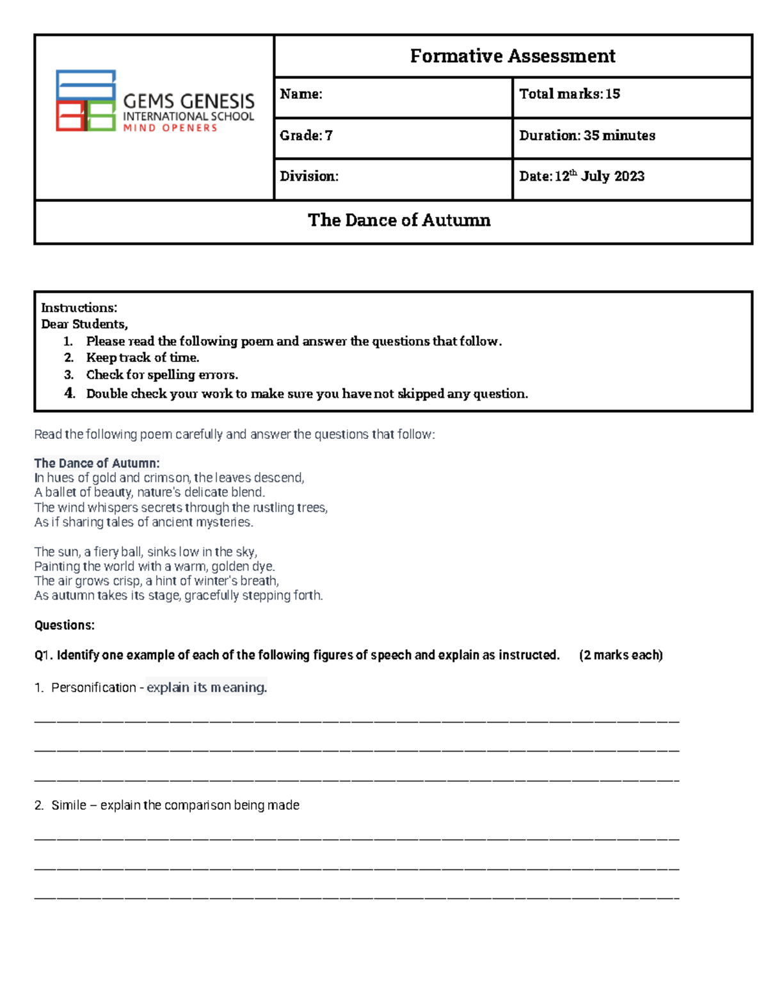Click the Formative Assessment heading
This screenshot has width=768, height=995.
(x=512, y=56)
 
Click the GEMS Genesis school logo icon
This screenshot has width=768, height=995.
(x=86, y=101)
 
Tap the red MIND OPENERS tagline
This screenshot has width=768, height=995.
(x=170, y=128)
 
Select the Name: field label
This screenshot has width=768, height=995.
(x=301, y=94)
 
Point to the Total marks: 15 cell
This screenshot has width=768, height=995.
(x=569, y=94)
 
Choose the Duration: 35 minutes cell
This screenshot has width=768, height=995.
(x=587, y=136)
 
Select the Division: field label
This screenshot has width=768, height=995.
(x=309, y=176)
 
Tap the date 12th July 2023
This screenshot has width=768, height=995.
(x=599, y=176)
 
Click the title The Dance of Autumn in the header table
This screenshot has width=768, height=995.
(x=399, y=220)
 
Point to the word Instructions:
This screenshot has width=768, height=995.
(x=79, y=308)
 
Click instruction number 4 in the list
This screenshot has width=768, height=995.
(x=69, y=393)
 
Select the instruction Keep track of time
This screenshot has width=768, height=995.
(x=142, y=358)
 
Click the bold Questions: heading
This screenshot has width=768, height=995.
(x=64, y=625)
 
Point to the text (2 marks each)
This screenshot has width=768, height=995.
(x=620, y=655)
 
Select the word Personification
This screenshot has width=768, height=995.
(x=93, y=687)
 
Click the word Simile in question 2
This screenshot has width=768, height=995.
(x=68, y=805)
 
